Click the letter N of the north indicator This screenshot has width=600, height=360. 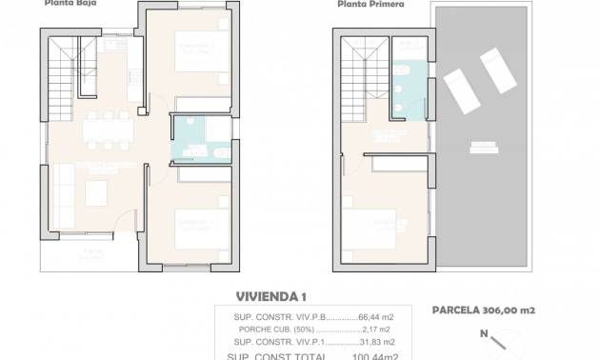tap(485, 333)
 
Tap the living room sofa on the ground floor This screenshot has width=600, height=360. tap(66, 195)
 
